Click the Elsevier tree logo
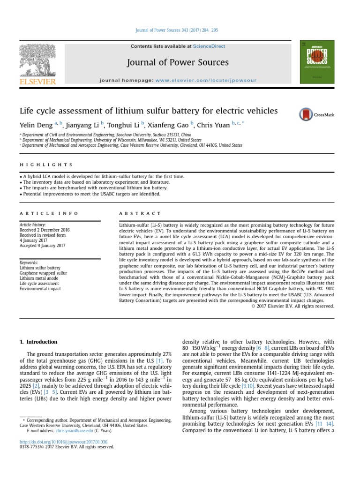37,60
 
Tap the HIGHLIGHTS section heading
46,165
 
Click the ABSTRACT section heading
140,213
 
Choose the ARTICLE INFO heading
49,213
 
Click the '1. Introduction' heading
38,342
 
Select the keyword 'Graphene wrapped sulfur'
44,273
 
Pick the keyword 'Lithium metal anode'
39,278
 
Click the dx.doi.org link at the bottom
63,442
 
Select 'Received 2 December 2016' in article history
45,230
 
